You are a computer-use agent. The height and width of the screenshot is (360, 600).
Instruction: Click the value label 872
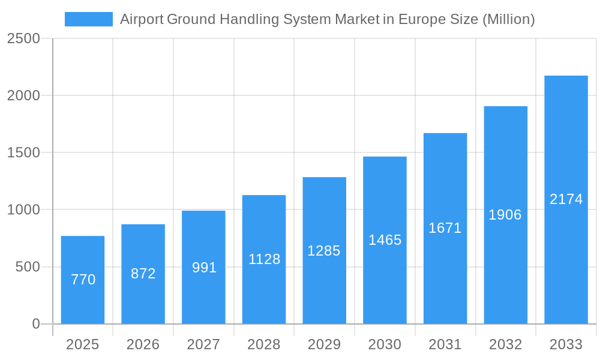click(143, 274)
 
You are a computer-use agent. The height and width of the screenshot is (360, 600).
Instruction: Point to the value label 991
click(204, 268)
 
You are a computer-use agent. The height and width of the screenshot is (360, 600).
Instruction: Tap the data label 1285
click(324, 251)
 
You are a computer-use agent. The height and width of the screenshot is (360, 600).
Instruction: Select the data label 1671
click(445, 228)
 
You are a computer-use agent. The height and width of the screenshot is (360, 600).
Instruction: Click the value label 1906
click(505, 215)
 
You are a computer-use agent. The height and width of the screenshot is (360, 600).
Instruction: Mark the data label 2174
click(566, 199)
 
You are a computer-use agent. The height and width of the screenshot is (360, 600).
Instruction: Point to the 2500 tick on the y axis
click(23, 39)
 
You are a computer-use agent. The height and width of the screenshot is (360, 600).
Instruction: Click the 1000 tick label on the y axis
click(23, 210)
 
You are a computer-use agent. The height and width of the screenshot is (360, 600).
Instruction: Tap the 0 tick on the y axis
click(35, 324)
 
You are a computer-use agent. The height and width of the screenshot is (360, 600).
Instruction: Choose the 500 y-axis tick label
click(28, 267)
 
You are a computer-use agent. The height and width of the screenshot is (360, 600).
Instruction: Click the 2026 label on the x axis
click(143, 344)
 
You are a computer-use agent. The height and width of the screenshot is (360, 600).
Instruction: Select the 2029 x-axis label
click(324, 344)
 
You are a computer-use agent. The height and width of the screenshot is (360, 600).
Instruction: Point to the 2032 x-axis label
click(505, 344)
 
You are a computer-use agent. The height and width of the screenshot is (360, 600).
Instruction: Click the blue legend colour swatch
click(88, 19)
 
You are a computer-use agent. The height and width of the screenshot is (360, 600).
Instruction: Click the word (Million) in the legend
click(508, 19)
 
